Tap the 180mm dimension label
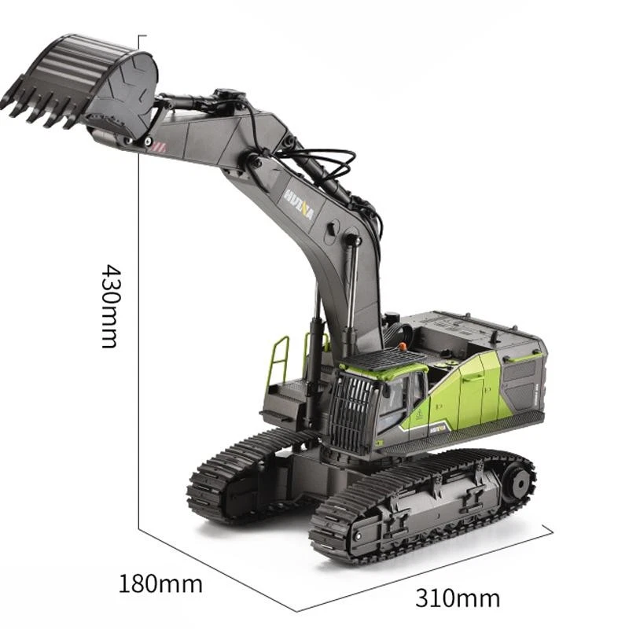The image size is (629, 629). tap(160, 584)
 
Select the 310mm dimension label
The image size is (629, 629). tap(458, 598)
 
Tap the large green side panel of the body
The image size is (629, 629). tap(464, 393)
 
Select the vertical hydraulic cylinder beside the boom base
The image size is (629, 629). tap(314, 346)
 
